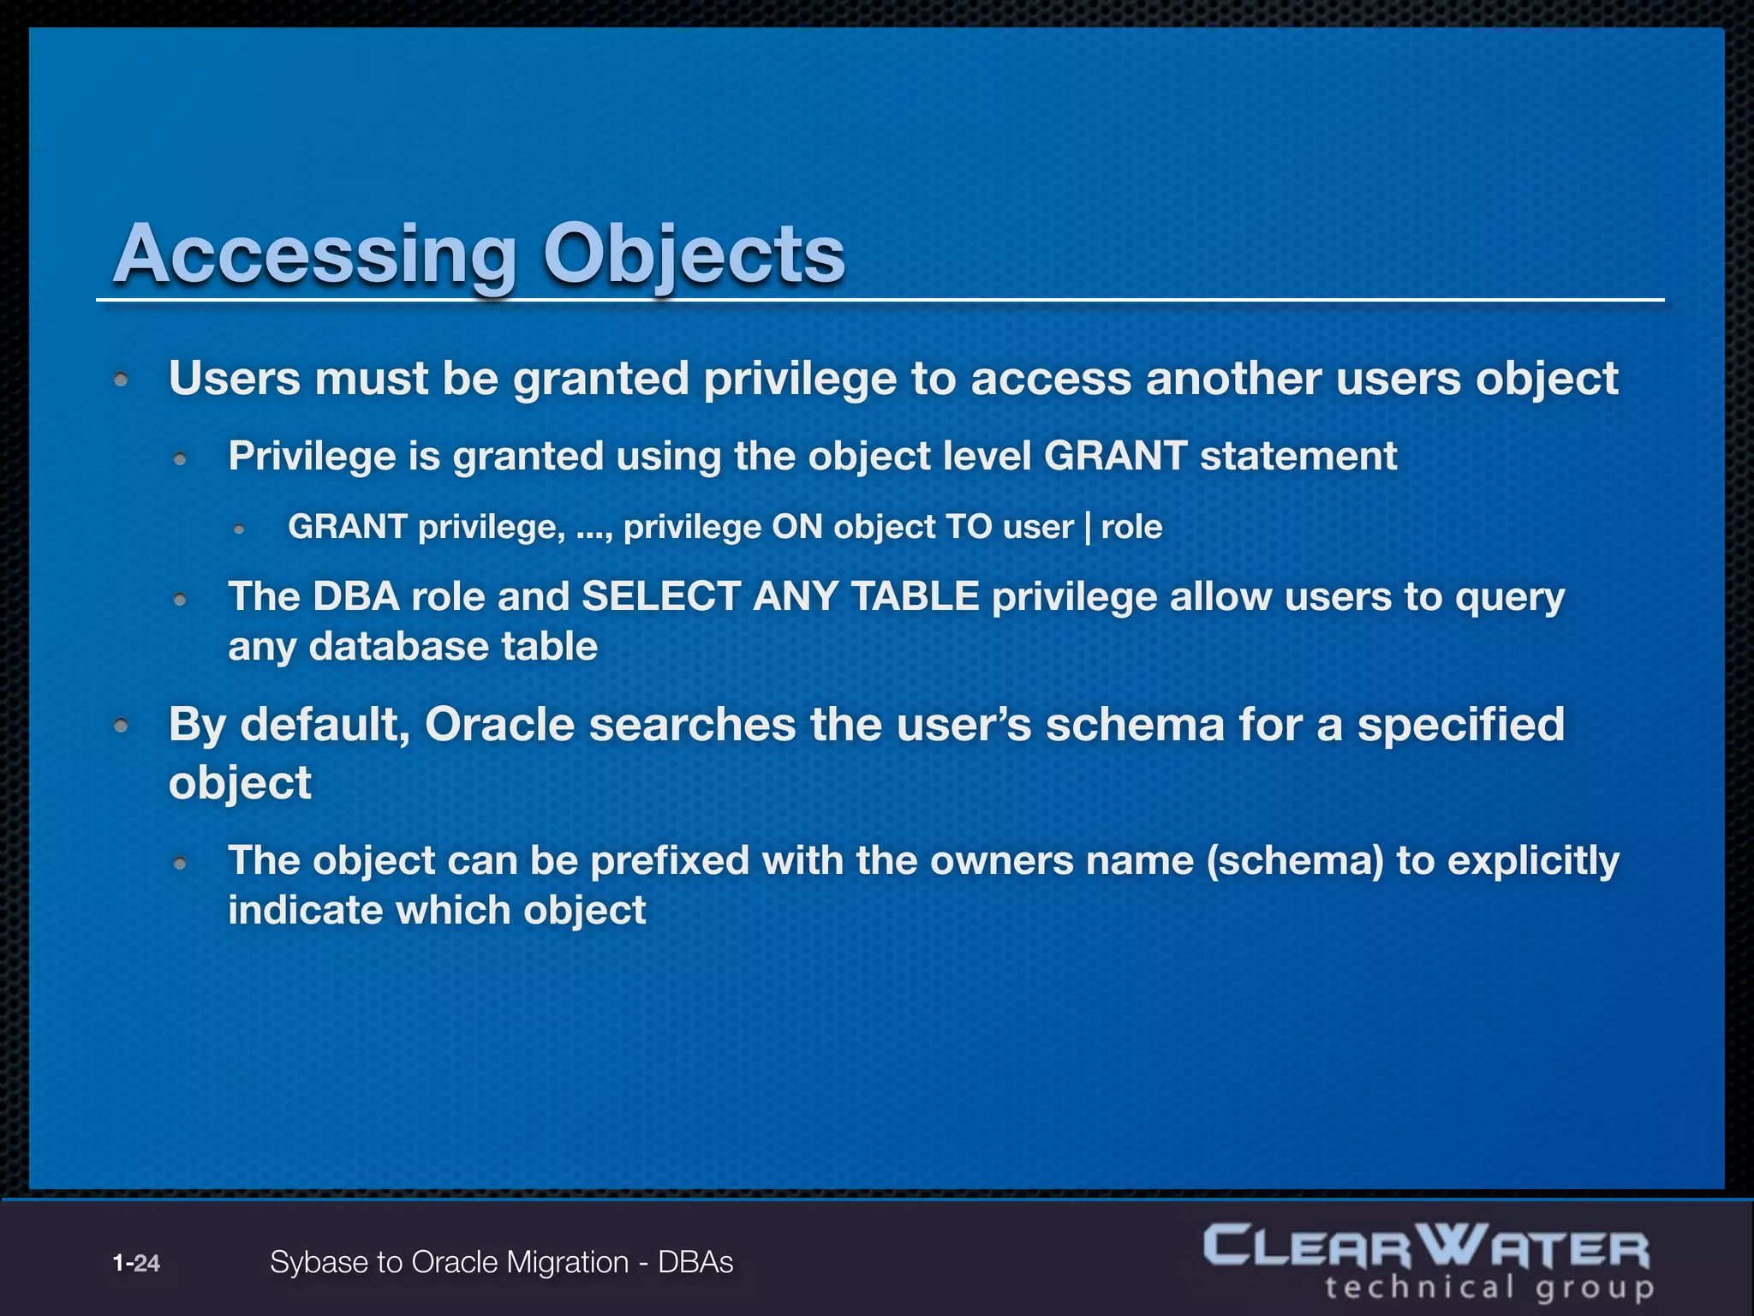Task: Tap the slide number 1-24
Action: click(136, 1263)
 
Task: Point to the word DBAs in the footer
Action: click(695, 1262)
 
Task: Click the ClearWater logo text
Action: click(1426, 1247)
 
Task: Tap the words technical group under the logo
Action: click(1489, 1288)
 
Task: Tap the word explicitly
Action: click(1533, 860)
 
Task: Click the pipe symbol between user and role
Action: click(1088, 527)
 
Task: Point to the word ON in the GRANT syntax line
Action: click(796, 527)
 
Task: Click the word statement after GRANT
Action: click(1298, 456)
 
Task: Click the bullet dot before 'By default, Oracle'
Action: click(122, 726)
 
